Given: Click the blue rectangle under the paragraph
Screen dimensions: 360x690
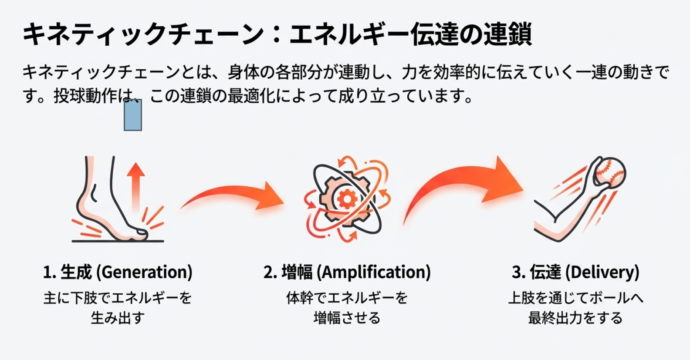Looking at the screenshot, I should pyautogui.click(x=133, y=115).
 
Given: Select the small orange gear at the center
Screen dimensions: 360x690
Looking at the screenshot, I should pyautogui.click(x=347, y=199).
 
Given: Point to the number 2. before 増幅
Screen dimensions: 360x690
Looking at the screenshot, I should pyautogui.click(x=270, y=273).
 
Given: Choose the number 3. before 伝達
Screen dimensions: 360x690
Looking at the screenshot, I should pyautogui.click(x=518, y=273).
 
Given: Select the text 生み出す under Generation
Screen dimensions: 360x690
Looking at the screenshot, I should pyautogui.click(x=118, y=318).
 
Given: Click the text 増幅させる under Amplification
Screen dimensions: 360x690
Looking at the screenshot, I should pyautogui.click(x=347, y=318).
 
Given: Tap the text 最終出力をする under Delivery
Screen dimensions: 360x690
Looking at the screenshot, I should pyautogui.click(x=575, y=318).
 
